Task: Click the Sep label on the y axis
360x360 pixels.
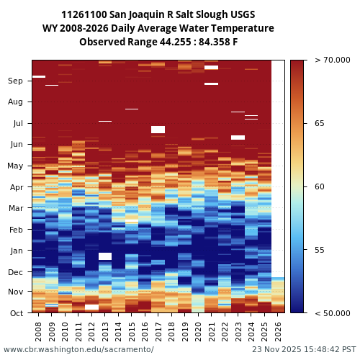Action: [16, 81]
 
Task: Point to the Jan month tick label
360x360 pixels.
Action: [16, 251]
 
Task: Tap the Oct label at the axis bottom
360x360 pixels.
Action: [16, 313]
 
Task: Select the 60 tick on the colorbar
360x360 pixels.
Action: [320, 187]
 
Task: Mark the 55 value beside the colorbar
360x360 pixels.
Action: [320, 250]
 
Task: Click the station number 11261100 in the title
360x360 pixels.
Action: [86, 14]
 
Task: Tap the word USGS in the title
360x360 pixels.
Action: [240, 14]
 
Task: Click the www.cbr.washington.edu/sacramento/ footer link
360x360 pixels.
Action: [78, 349]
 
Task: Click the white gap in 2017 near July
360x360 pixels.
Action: [158, 130]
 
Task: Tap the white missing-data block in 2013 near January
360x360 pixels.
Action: [105, 256]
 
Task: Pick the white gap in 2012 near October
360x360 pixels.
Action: [91, 307]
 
